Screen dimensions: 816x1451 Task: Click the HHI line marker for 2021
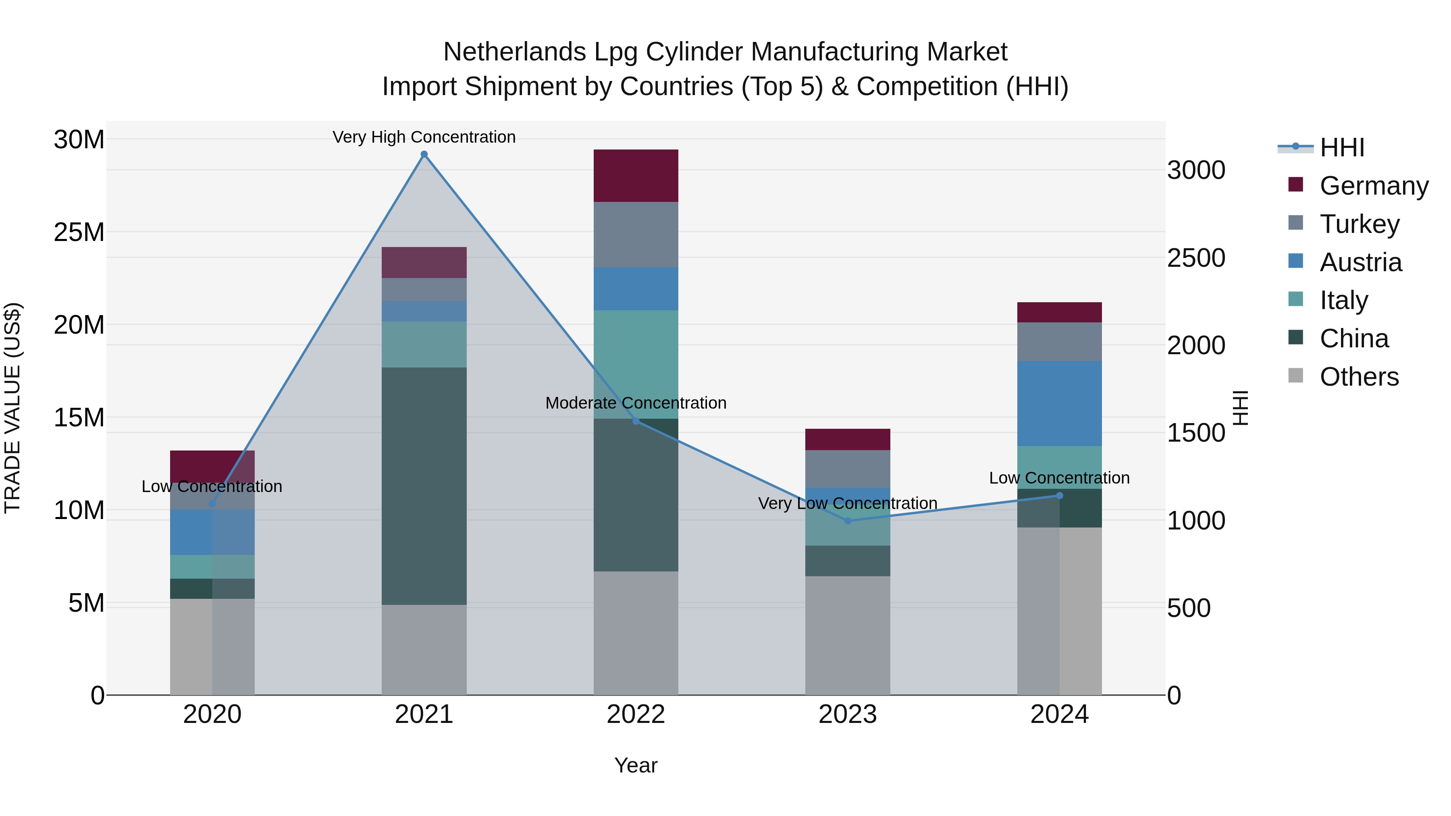point(424,154)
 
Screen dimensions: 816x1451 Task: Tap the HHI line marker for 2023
point(848,521)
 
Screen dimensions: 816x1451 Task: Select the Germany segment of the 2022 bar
point(636,176)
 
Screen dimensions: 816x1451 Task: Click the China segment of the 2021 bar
point(424,486)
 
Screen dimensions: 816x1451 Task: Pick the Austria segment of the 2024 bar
point(1060,404)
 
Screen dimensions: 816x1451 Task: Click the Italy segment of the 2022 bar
point(636,364)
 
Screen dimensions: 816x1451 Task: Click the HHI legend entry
point(1342,147)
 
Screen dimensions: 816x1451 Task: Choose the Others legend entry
point(1359,377)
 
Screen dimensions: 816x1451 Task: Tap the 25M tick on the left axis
point(79,232)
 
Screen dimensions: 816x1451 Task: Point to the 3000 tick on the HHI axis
point(1196,170)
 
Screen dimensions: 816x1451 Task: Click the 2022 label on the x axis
point(636,714)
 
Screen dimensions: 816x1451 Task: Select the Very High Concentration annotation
point(424,137)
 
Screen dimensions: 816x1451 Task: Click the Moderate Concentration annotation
point(636,403)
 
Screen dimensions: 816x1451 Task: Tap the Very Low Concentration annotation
point(848,503)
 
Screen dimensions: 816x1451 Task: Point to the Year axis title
point(636,765)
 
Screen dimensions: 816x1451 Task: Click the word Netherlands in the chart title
point(514,52)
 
